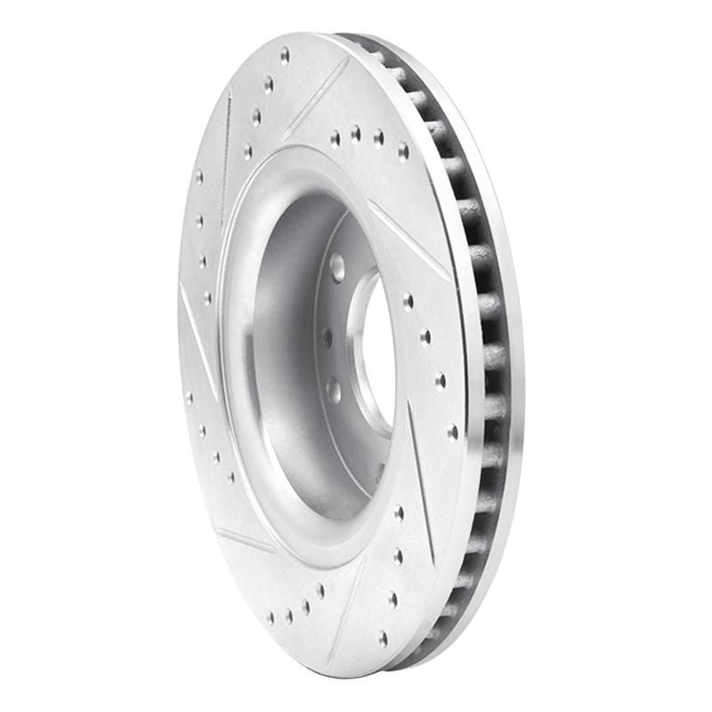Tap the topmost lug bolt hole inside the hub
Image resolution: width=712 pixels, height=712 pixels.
point(337,266)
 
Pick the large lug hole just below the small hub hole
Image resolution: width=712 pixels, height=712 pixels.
point(334,389)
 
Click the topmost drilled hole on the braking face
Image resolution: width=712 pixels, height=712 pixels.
point(285,55)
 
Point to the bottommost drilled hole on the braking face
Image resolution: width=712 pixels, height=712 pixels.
point(383,637)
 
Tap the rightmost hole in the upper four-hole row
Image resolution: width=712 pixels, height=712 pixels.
point(402,151)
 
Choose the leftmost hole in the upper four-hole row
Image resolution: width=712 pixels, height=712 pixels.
point(335,139)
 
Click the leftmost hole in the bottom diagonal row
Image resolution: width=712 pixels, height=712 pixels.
point(271,616)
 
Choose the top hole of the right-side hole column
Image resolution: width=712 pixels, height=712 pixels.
point(408,300)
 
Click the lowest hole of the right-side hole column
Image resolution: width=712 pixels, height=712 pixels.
point(452,432)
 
